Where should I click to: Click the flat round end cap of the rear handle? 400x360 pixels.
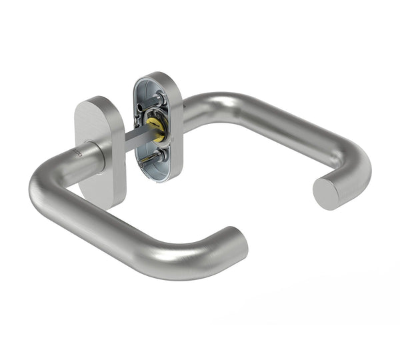[x=326, y=193]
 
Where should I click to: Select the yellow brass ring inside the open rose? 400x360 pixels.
[x=155, y=129]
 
